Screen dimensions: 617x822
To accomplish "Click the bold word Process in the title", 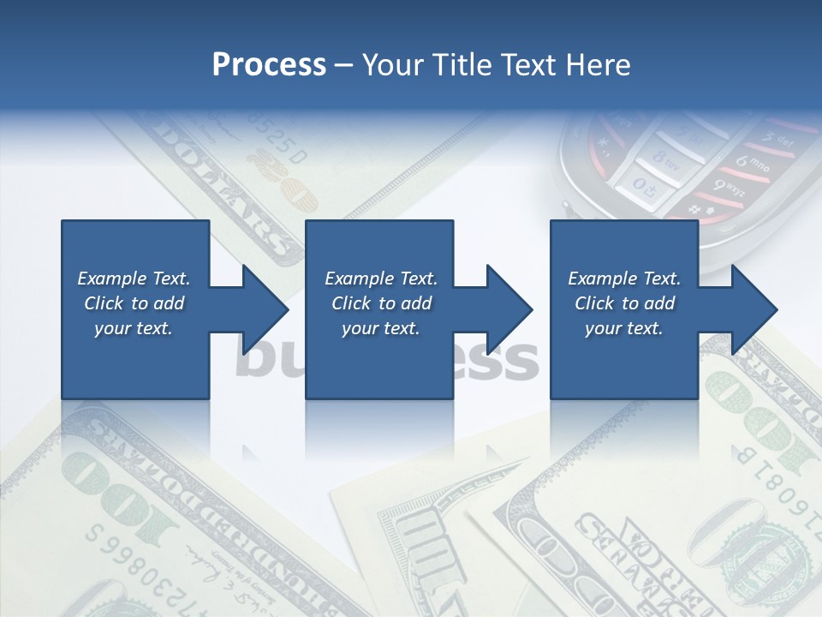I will tap(269, 64).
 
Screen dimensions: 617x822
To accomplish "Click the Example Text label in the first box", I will tap(134, 279).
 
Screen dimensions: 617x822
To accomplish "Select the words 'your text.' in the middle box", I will tap(380, 328).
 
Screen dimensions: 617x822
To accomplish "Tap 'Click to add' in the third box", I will tap(624, 303).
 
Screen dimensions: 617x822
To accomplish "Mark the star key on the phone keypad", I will tap(602, 142).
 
